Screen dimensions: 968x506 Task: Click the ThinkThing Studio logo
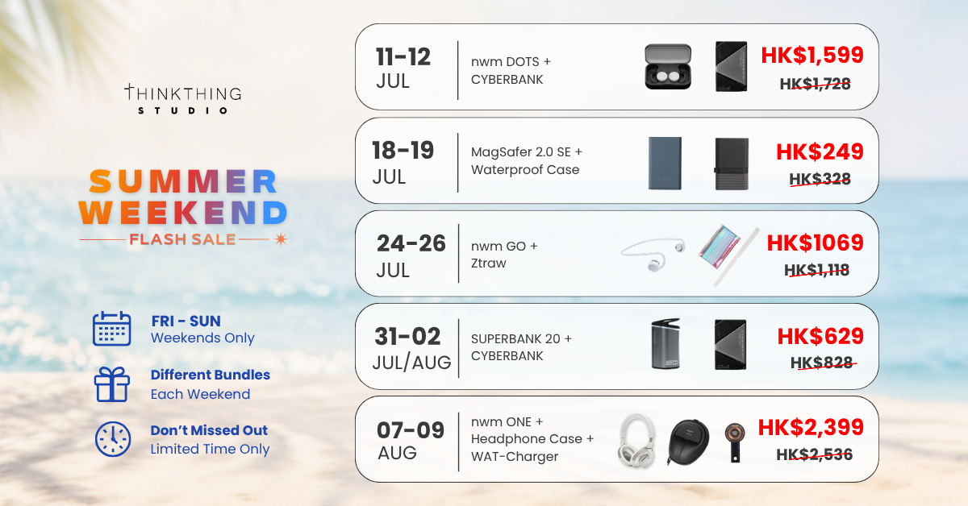pos(183,99)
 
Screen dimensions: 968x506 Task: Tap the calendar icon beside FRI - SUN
pos(111,329)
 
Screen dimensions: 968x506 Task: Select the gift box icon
pos(112,384)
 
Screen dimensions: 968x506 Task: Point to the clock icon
pos(113,439)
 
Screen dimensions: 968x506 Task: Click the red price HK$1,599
pos(812,56)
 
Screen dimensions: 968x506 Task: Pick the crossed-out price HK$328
pos(820,179)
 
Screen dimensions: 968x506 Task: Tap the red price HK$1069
pos(815,243)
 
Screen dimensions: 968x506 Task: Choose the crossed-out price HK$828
pos(821,363)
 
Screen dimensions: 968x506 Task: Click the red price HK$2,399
pos(811,427)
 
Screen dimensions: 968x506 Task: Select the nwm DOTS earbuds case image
pos(668,67)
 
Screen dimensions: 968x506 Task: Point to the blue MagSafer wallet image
pos(665,164)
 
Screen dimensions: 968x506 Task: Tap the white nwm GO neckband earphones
pos(653,255)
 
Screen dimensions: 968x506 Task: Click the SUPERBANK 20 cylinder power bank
pos(665,344)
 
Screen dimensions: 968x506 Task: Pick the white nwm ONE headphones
pos(636,440)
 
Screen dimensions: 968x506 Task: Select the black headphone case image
pos(688,442)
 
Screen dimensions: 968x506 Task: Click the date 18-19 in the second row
pos(403,150)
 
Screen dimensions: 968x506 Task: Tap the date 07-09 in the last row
pos(410,430)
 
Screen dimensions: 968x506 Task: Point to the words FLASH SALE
pos(182,239)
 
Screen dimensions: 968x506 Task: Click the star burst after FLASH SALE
pos(281,238)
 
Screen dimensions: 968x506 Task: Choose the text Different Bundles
pos(211,375)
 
